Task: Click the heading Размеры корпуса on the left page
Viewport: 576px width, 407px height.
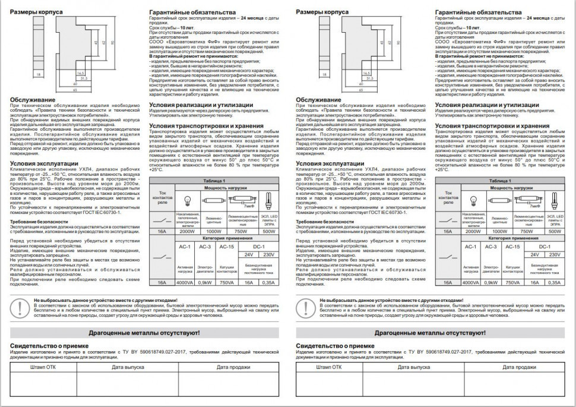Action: (x=32, y=12)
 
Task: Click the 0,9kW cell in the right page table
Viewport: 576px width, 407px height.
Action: (x=491, y=282)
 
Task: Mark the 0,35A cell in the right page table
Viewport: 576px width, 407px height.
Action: (x=555, y=282)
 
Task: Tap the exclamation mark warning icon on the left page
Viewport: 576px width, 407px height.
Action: (x=22, y=307)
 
